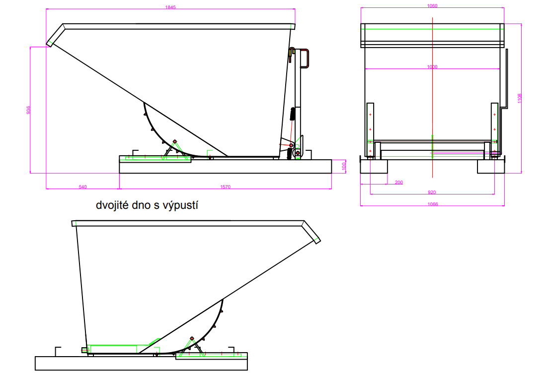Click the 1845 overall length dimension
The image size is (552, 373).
coord(170,7)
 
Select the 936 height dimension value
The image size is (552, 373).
coord(28,110)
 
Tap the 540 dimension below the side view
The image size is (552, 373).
coord(83,187)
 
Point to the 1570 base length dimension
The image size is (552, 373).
coord(226,187)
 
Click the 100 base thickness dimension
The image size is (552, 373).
coord(344,166)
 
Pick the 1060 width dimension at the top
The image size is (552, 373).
coord(432,6)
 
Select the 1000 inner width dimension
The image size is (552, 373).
coord(432,66)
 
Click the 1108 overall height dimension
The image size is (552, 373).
coord(520,99)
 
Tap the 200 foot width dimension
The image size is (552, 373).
coord(398,183)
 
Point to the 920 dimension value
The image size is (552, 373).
coord(432,192)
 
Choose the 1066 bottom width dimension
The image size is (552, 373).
coord(432,204)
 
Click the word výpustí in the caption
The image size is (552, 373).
coord(182,204)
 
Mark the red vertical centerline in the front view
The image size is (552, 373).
coord(433,99)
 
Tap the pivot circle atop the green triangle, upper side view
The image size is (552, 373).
coord(174,141)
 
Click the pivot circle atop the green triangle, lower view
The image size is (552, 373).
coord(192,338)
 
